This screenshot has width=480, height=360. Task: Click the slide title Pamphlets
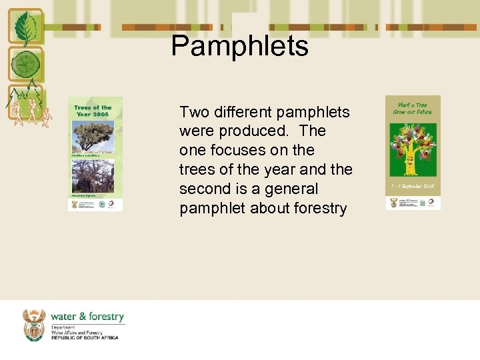[x=239, y=46]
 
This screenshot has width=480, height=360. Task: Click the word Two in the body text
[x=194, y=112]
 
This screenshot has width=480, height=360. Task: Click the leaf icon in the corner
[x=25, y=28]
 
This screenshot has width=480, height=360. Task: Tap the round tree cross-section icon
[x=25, y=65]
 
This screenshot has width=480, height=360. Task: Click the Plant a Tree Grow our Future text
[x=413, y=108]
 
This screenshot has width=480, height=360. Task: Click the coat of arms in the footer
[x=34, y=325]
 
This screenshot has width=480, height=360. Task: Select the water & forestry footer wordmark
[x=87, y=317]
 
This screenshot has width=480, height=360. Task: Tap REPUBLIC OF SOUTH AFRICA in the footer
[x=85, y=338]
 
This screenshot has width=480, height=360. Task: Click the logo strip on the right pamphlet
[x=413, y=202]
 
